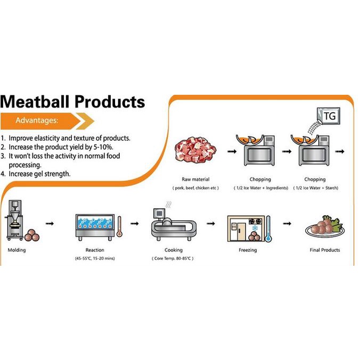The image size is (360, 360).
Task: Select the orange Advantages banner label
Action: pos(37,120)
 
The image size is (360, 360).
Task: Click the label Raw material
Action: pos(195,179)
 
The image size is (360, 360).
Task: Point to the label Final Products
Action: pos(324,250)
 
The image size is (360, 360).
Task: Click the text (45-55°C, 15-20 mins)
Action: pos(95,258)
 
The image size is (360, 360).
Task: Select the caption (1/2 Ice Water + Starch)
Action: pos(315,188)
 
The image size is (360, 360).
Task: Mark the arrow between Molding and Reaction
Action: pos(50,224)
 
